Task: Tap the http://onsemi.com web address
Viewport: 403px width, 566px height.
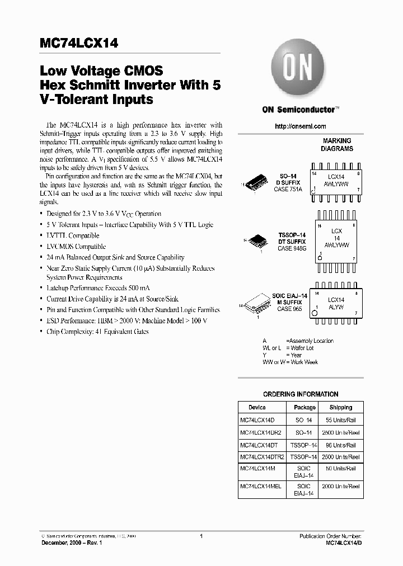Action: [301, 126]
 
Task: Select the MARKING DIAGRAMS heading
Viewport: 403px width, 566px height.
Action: [337, 145]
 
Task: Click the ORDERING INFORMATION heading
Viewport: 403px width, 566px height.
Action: [301, 394]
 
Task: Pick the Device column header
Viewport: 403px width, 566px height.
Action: [257, 407]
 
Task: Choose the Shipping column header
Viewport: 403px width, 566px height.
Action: [340, 407]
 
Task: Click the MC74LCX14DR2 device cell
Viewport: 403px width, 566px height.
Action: [261, 432]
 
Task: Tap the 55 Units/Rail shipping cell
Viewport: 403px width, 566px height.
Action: [340, 419]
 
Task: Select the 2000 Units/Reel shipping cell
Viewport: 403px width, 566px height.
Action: [340, 487]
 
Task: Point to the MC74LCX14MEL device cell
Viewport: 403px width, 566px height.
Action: [261, 487]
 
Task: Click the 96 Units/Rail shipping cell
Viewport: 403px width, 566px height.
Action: [340, 445]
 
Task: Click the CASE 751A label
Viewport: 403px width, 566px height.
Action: [288, 190]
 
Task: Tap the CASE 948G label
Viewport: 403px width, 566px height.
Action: [291, 248]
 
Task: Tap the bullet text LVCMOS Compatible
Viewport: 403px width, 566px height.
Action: [76, 247]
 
